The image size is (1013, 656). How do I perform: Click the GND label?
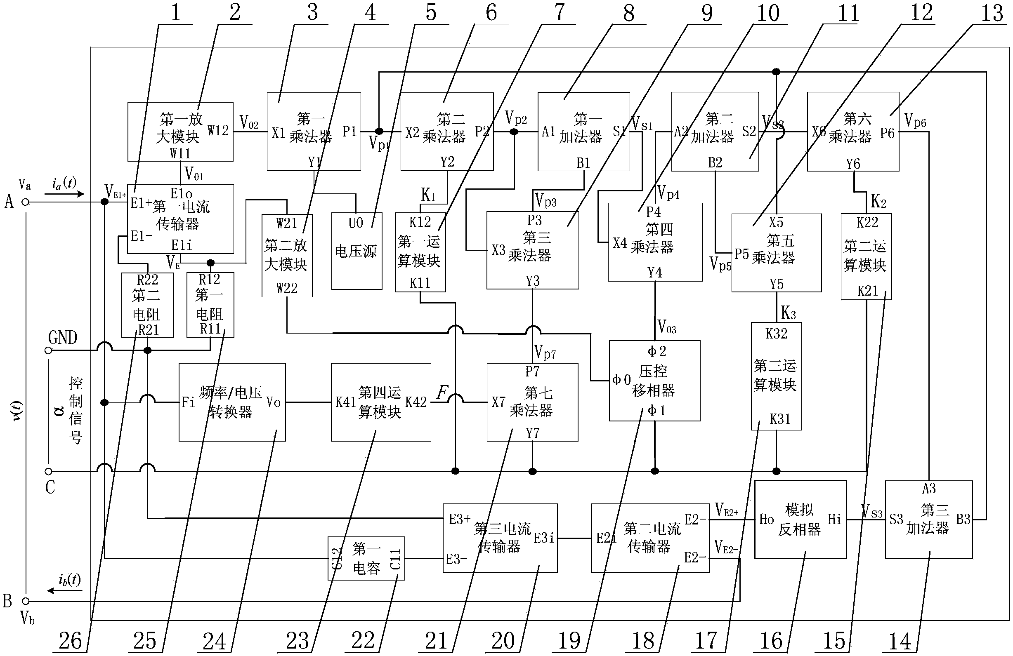[63, 338]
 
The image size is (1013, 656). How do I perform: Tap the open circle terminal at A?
[26, 202]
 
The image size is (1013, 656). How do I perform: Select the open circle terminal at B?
[26, 601]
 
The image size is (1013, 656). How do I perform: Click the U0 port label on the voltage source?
[356, 223]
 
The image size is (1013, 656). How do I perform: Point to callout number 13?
[992, 13]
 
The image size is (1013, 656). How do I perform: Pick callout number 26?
[70, 640]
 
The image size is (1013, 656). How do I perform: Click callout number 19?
[569, 640]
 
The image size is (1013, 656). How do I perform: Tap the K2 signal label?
[878, 200]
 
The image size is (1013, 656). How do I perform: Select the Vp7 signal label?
[545, 352]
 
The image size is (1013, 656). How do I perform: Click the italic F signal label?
[443, 391]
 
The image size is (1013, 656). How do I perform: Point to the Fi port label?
[188, 402]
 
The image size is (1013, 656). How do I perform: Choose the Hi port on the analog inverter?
[834, 519]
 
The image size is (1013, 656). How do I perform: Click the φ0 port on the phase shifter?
[621, 379]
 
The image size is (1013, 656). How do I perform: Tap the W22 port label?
[287, 289]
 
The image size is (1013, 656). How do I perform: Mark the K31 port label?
[780, 419]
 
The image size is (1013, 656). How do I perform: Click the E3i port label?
[544, 538]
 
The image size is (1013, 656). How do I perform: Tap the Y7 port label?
[532, 433]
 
